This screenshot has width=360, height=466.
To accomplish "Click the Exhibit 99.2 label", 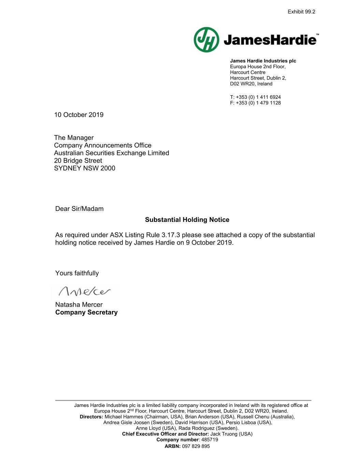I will point(301,12).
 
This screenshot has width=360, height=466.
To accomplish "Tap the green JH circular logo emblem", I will point(206,40).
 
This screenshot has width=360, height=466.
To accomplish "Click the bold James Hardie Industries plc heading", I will point(263,61).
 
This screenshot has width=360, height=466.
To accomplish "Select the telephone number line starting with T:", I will point(255,97).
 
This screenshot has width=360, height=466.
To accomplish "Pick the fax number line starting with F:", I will point(255,103).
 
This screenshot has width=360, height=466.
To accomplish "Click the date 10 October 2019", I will point(79,115).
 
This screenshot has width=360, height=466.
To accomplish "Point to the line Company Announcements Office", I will point(103,145).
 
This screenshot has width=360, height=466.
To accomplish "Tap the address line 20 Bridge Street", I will point(78,160).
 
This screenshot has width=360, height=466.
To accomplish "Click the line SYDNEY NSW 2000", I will point(85,168).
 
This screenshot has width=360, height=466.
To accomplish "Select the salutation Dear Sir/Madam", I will point(80,209).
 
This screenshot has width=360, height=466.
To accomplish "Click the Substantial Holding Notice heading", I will point(187,220).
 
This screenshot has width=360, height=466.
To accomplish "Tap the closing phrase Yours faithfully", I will point(77,273).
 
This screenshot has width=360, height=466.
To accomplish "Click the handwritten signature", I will point(85,291).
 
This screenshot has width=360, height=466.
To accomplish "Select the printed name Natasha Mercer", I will point(79,305).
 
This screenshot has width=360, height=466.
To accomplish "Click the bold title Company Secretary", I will point(86,312).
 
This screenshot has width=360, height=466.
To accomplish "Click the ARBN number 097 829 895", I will point(196,446).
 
